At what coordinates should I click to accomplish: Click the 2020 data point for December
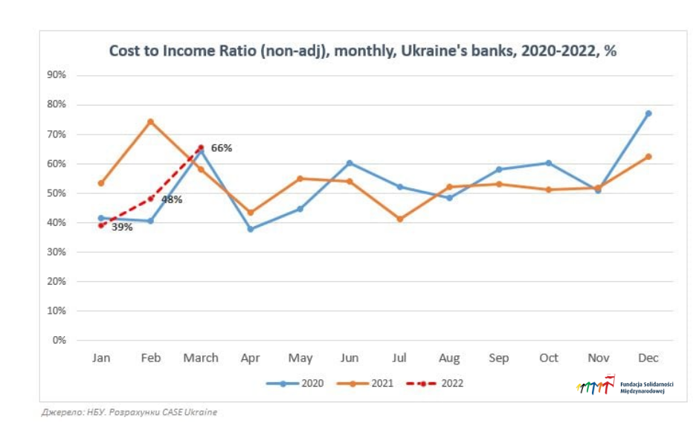pos(648,114)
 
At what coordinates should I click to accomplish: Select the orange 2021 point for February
pos(151,122)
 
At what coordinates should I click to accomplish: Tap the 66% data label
pos(222,148)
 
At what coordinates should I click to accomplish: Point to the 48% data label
pos(172,200)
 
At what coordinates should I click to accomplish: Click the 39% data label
pos(122,228)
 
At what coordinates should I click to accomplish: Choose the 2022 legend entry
pos(435,383)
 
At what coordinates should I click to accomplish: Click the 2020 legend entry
pos(294,383)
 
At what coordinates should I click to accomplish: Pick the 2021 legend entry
pos(365,383)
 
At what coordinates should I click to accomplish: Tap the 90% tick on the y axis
pos(57,75)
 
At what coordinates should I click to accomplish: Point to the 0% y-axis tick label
pos(59,340)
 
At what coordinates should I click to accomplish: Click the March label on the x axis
pos(201,358)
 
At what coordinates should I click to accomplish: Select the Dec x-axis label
pos(648,358)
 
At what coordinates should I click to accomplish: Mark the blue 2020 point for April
pos(251,229)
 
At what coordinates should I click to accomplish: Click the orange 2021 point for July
pos(400,219)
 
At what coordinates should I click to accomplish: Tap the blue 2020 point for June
pos(349,163)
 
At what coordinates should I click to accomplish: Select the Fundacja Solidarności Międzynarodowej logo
pos(625,385)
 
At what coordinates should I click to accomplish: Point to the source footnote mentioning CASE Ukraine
pos(129,412)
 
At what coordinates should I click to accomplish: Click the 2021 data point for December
pos(648,156)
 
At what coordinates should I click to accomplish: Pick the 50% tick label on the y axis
pos(57,193)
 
